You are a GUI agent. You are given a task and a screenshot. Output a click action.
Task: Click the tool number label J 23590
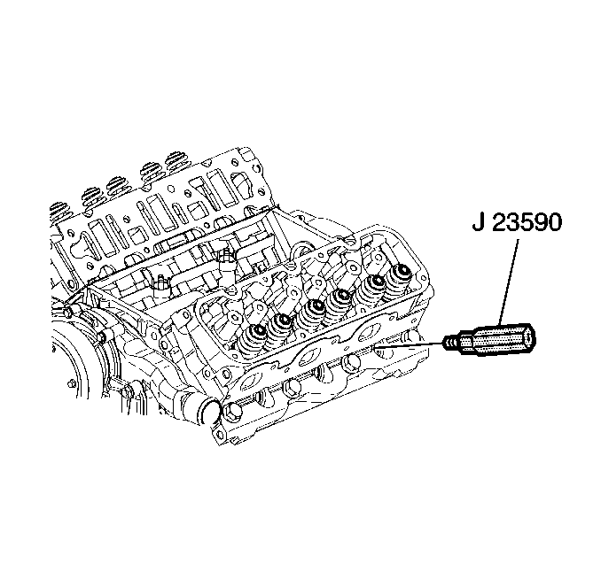517,222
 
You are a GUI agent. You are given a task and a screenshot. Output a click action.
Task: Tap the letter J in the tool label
478,222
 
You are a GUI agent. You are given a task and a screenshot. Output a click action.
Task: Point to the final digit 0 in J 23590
554,222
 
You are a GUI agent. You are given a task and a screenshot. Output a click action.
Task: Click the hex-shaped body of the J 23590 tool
502,337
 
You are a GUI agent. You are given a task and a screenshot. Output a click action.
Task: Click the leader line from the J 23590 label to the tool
509,282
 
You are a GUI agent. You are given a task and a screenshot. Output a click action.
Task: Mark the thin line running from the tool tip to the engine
409,345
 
